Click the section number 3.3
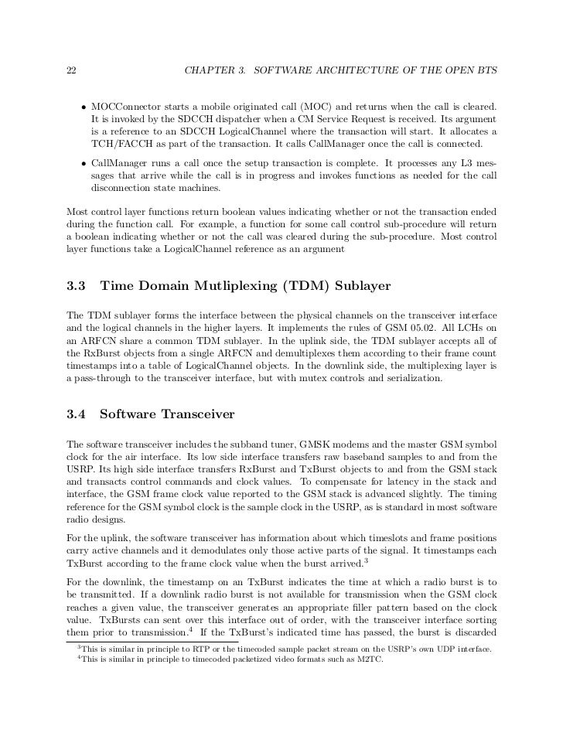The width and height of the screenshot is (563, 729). point(77,286)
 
